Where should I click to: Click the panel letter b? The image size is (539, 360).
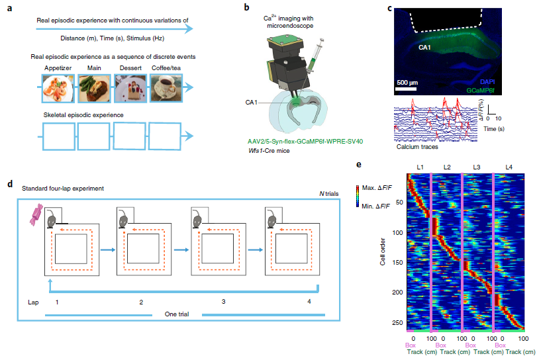pos(246,7)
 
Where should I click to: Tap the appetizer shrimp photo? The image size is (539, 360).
pos(58,88)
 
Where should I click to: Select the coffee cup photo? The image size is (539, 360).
pos(166,88)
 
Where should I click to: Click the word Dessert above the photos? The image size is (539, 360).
pos(130,67)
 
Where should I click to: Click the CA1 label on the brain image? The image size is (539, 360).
pos(424,48)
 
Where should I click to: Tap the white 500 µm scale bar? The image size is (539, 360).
pos(406,89)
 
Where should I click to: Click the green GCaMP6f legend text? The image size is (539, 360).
pos(480,91)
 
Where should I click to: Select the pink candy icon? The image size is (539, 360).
pos(36,214)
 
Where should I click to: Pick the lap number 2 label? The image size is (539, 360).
pos(141,302)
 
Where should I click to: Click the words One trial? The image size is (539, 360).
pos(177,314)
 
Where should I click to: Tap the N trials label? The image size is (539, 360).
pos(329,194)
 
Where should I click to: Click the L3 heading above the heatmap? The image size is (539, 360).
pos(477,167)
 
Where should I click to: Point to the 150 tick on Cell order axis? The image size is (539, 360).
pos(397,263)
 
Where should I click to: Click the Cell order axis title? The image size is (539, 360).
pos(382,251)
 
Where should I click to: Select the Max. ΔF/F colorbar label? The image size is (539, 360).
pos(377,187)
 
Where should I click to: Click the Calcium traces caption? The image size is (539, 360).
pos(417,147)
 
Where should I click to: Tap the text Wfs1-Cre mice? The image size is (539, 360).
pos(269,151)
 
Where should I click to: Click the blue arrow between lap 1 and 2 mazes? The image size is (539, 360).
pos(108,249)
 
